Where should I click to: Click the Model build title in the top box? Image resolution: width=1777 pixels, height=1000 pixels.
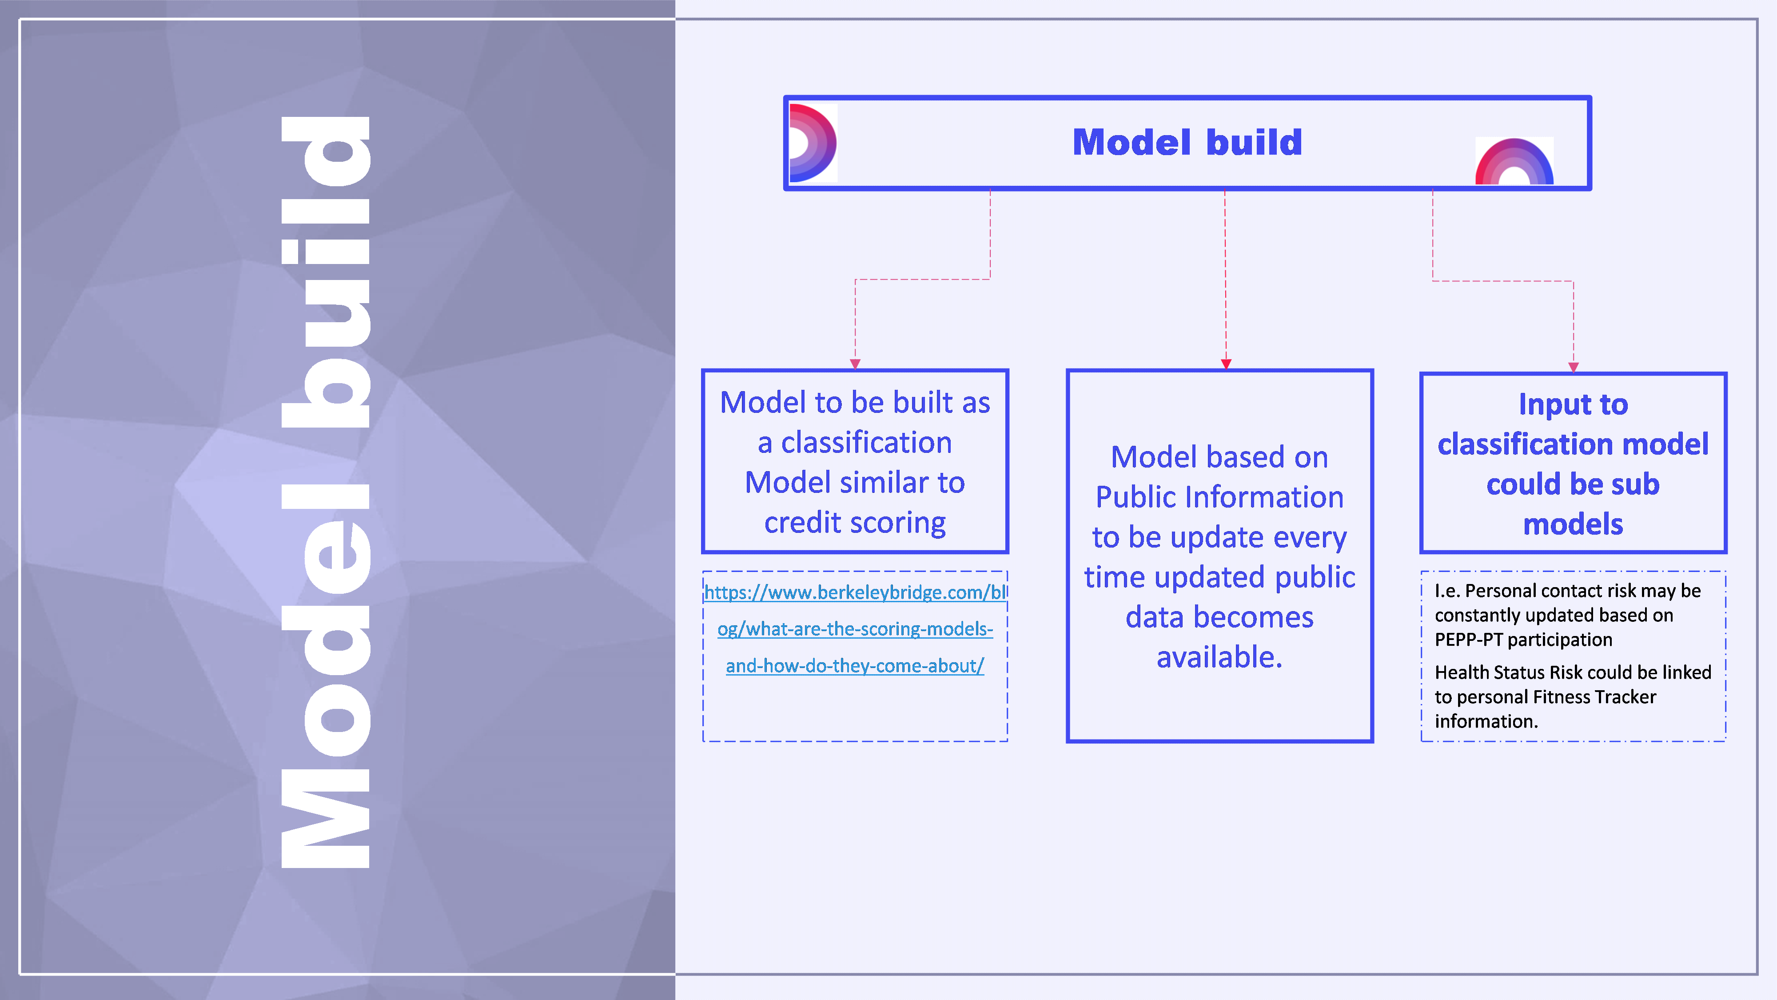pos(1187,142)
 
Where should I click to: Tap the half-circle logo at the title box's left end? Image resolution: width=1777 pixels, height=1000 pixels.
pos(812,143)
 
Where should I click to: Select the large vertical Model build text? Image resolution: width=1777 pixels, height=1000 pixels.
pos(326,492)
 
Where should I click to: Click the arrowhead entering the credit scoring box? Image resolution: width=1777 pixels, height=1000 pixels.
pos(855,364)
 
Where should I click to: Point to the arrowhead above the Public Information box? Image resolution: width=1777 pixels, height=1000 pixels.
pos(1225,364)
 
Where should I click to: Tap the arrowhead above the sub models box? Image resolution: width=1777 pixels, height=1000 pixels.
pos(1574,367)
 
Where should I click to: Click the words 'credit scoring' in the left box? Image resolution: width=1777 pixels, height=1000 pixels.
pos(855,522)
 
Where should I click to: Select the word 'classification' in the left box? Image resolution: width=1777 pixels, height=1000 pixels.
pos(866,442)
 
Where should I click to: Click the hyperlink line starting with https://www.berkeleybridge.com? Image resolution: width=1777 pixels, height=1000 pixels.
pos(855,592)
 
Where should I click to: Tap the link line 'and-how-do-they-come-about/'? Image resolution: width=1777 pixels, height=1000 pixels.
pos(855,665)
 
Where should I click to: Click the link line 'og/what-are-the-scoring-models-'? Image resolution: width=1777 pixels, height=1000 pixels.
pos(855,629)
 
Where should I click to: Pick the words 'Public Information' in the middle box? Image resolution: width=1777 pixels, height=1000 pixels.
pos(1219,497)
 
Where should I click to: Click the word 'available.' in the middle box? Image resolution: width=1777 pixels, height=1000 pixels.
pos(1219,657)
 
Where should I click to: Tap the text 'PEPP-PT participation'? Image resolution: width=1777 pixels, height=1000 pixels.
pos(1523,640)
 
